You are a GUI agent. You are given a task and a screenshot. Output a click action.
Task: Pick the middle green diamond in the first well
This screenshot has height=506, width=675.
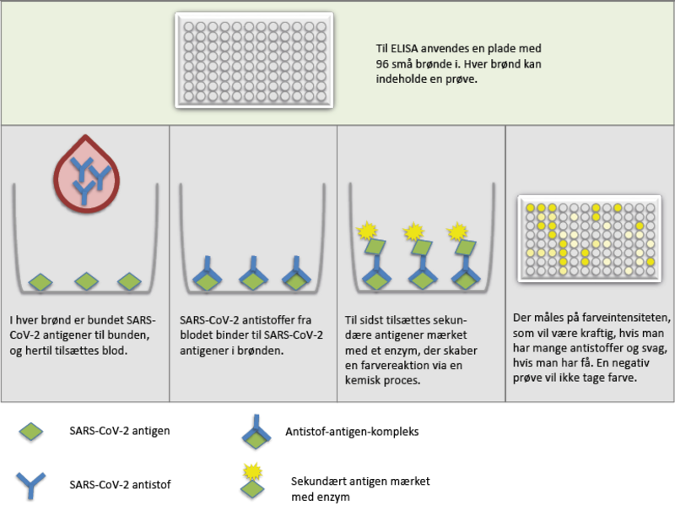click(85, 281)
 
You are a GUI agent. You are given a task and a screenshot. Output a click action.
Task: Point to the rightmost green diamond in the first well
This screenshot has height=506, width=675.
click(128, 281)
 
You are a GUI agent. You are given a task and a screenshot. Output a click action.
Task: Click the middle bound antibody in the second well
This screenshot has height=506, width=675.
click(253, 272)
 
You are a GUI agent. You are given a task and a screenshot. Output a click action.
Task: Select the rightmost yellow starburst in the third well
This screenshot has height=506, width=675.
click(457, 230)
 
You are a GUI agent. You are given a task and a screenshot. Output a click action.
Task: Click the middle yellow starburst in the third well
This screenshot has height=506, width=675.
click(413, 230)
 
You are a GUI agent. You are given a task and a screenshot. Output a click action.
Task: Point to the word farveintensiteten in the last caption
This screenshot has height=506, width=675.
click(629, 318)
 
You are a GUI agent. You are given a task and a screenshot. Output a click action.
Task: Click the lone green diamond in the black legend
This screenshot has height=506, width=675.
click(30, 432)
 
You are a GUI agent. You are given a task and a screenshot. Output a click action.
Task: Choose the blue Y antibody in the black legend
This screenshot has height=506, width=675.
click(30, 483)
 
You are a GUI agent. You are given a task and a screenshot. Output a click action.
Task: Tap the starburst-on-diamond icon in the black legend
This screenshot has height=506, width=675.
click(251, 480)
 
